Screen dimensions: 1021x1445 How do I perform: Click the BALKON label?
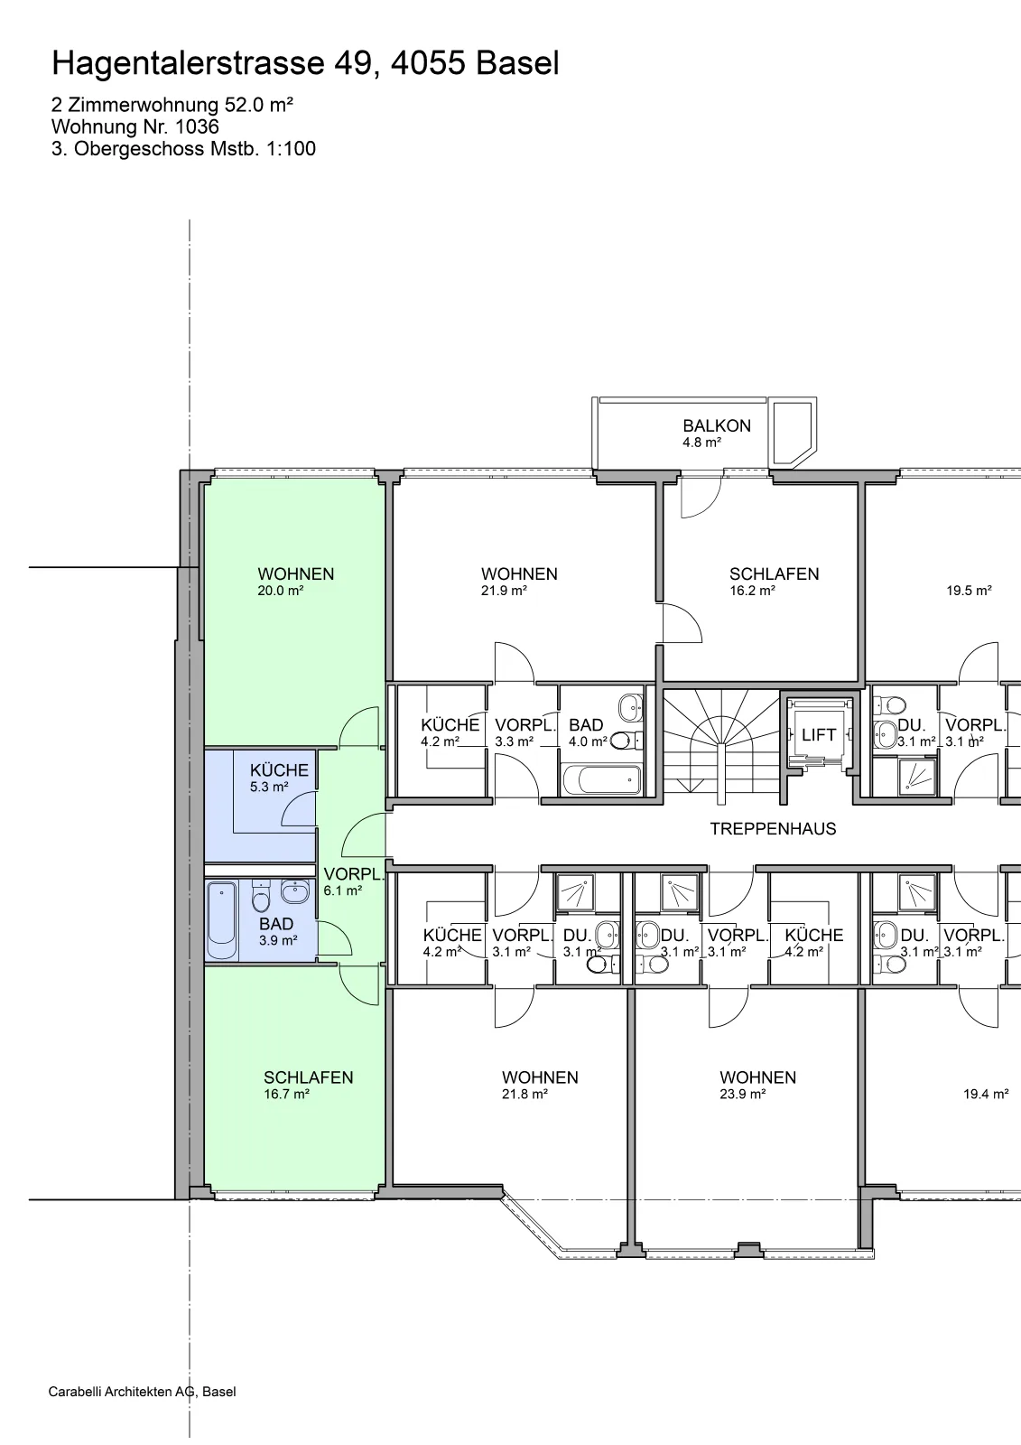[x=717, y=425]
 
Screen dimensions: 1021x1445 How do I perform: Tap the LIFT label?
[x=819, y=735]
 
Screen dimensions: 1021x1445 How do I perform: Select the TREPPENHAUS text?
[x=773, y=829]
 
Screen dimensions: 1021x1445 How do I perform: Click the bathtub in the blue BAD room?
[x=222, y=920]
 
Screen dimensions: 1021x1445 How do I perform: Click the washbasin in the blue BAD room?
[x=295, y=891]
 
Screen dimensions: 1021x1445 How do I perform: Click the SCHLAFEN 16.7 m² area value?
[x=286, y=1094]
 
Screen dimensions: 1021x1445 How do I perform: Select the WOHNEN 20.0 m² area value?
[x=281, y=591]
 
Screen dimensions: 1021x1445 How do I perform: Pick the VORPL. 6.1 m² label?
[x=354, y=881]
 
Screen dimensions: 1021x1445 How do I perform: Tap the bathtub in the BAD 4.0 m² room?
[x=602, y=780]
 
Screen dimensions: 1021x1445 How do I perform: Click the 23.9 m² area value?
[x=742, y=1094]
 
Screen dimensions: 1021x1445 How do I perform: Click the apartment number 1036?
[x=197, y=126]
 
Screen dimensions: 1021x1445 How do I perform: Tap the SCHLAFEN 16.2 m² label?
[x=774, y=582]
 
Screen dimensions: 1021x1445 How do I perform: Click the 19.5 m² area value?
[x=969, y=591]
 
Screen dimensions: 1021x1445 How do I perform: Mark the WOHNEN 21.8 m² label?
[x=540, y=1085]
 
